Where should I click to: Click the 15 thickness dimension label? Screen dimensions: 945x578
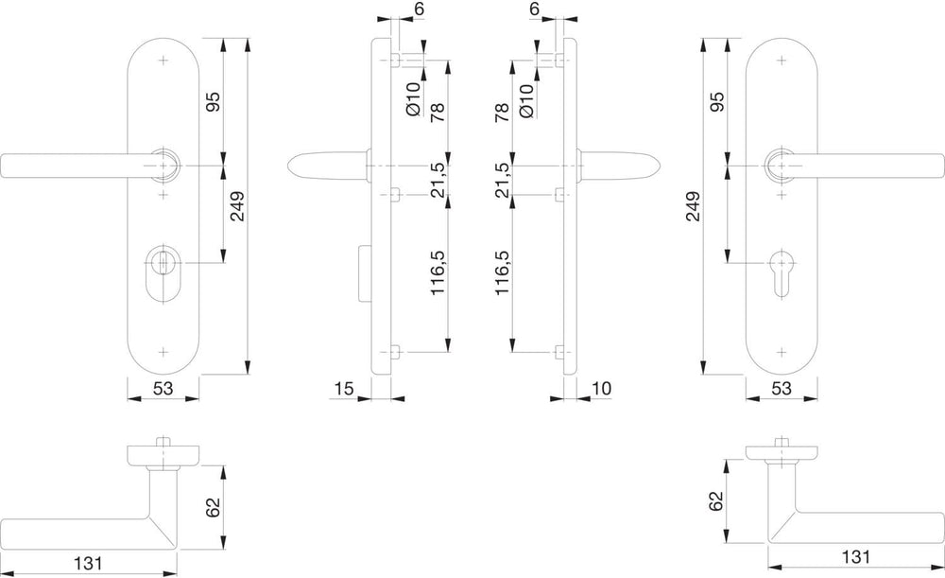point(344,389)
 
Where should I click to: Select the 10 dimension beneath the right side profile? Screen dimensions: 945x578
point(601,389)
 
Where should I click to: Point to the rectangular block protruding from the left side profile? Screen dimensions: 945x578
point(364,273)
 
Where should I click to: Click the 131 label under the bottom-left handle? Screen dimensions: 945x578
point(89,564)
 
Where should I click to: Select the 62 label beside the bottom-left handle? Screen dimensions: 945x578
point(213,507)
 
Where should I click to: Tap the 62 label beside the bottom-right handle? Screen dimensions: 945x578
point(715,500)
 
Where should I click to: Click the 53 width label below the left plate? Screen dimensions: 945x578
point(163,389)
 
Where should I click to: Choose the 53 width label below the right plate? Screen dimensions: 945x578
point(782,389)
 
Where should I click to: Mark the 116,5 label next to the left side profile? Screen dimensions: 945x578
point(438,272)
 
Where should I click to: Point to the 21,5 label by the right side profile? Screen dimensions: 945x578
point(503,180)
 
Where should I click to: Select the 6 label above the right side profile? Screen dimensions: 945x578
point(535,9)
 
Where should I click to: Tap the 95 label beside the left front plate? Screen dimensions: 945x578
point(214,101)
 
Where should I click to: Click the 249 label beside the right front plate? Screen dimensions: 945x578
point(693,206)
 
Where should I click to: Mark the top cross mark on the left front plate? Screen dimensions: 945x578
point(163,61)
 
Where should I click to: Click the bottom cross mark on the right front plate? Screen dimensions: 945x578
point(782,352)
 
